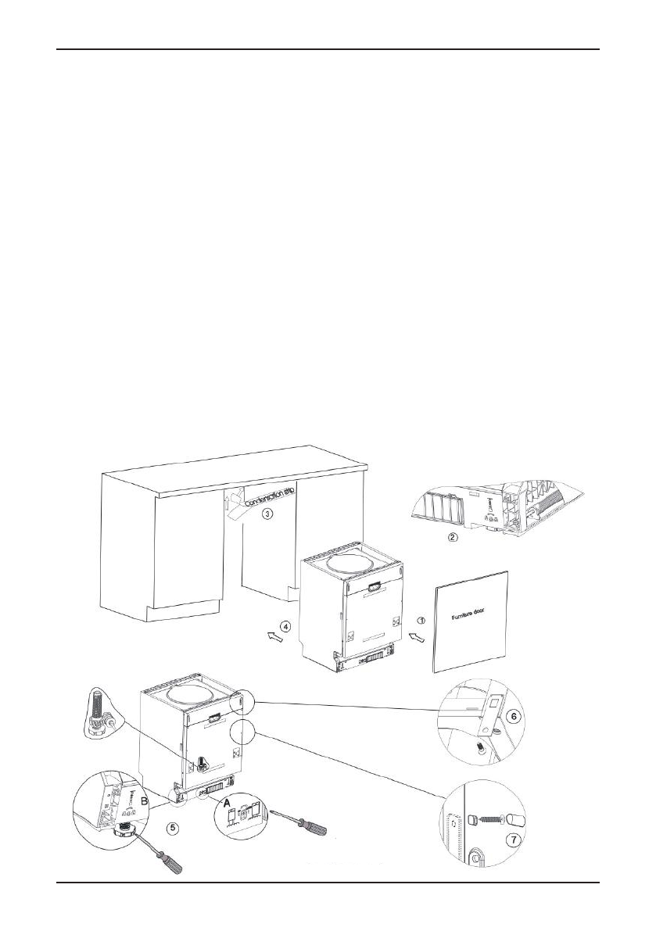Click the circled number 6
[513, 715]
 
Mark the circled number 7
[511, 841]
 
